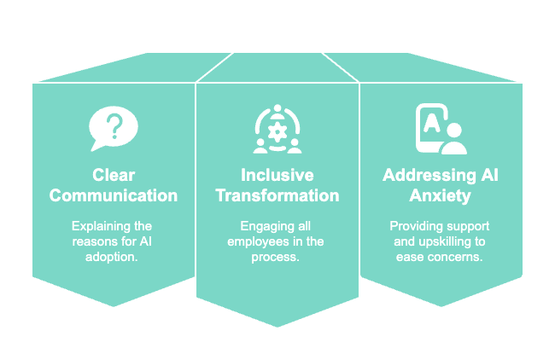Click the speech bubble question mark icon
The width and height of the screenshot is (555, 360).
pyautogui.click(x=113, y=129)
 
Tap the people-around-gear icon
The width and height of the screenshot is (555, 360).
pyautogui.click(x=277, y=130)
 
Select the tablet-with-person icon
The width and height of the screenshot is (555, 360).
pyautogui.click(x=440, y=129)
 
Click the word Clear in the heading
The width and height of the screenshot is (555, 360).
pyautogui.click(x=114, y=176)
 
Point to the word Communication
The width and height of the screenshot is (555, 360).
pyautogui.click(x=114, y=195)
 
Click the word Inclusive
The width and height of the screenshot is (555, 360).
pyautogui.click(x=277, y=176)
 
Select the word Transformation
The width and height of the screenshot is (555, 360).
pyautogui.click(x=277, y=195)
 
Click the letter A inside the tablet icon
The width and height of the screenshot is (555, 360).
pyautogui.click(x=431, y=122)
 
